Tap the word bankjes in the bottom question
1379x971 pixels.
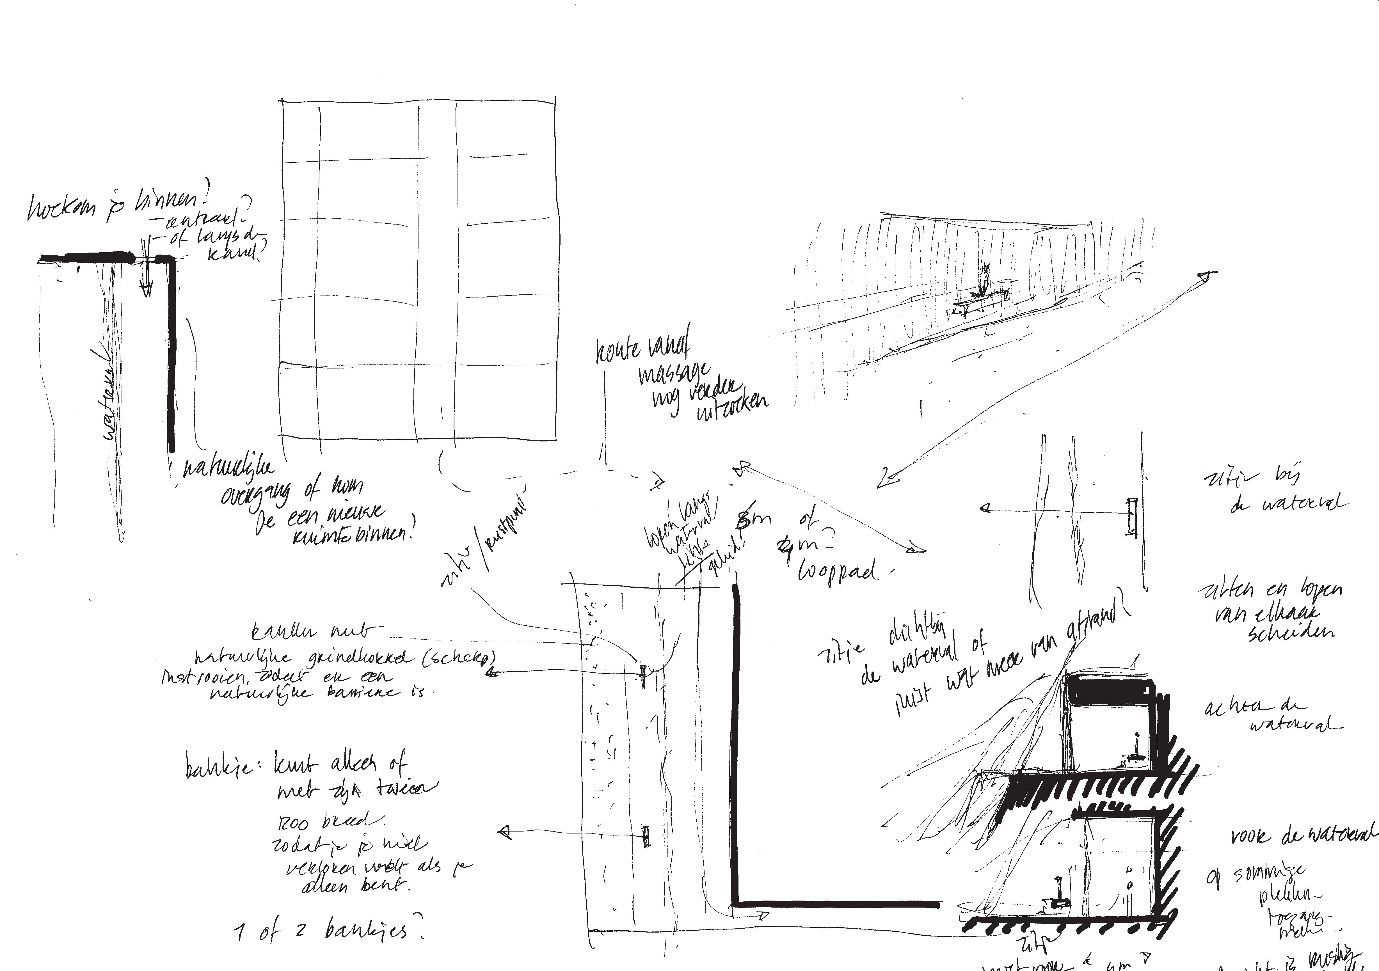pos(366,931)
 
